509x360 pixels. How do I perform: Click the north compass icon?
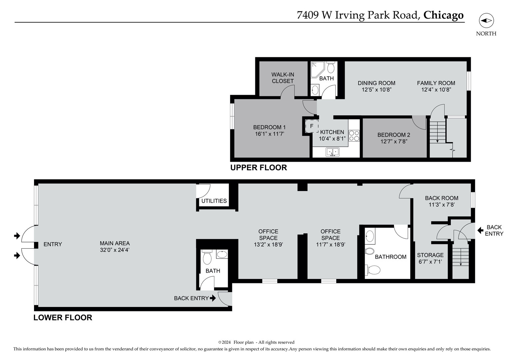point(486,21)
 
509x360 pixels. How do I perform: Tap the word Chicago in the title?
point(443,15)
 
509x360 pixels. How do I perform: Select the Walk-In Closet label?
point(283,78)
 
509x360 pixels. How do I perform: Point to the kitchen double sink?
point(332,152)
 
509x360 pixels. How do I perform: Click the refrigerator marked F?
point(312,126)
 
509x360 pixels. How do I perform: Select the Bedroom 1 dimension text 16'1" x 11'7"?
point(269,134)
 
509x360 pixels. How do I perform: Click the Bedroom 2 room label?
point(394,135)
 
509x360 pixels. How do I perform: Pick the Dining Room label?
point(376,83)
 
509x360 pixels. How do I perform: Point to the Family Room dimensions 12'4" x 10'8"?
point(436,90)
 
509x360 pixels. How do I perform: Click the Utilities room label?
point(214,201)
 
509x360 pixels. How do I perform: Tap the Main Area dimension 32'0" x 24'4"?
point(115,250)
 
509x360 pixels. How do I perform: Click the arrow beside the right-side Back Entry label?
point(480,230)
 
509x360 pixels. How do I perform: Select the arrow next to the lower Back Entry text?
point(213,298)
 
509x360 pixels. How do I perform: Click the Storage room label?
point(430,255)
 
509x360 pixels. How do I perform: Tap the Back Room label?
point(441,198)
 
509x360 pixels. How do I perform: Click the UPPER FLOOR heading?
point(258,168)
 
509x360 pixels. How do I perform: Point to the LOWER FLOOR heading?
point(63,318)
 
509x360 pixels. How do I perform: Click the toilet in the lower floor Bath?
point(207,257)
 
